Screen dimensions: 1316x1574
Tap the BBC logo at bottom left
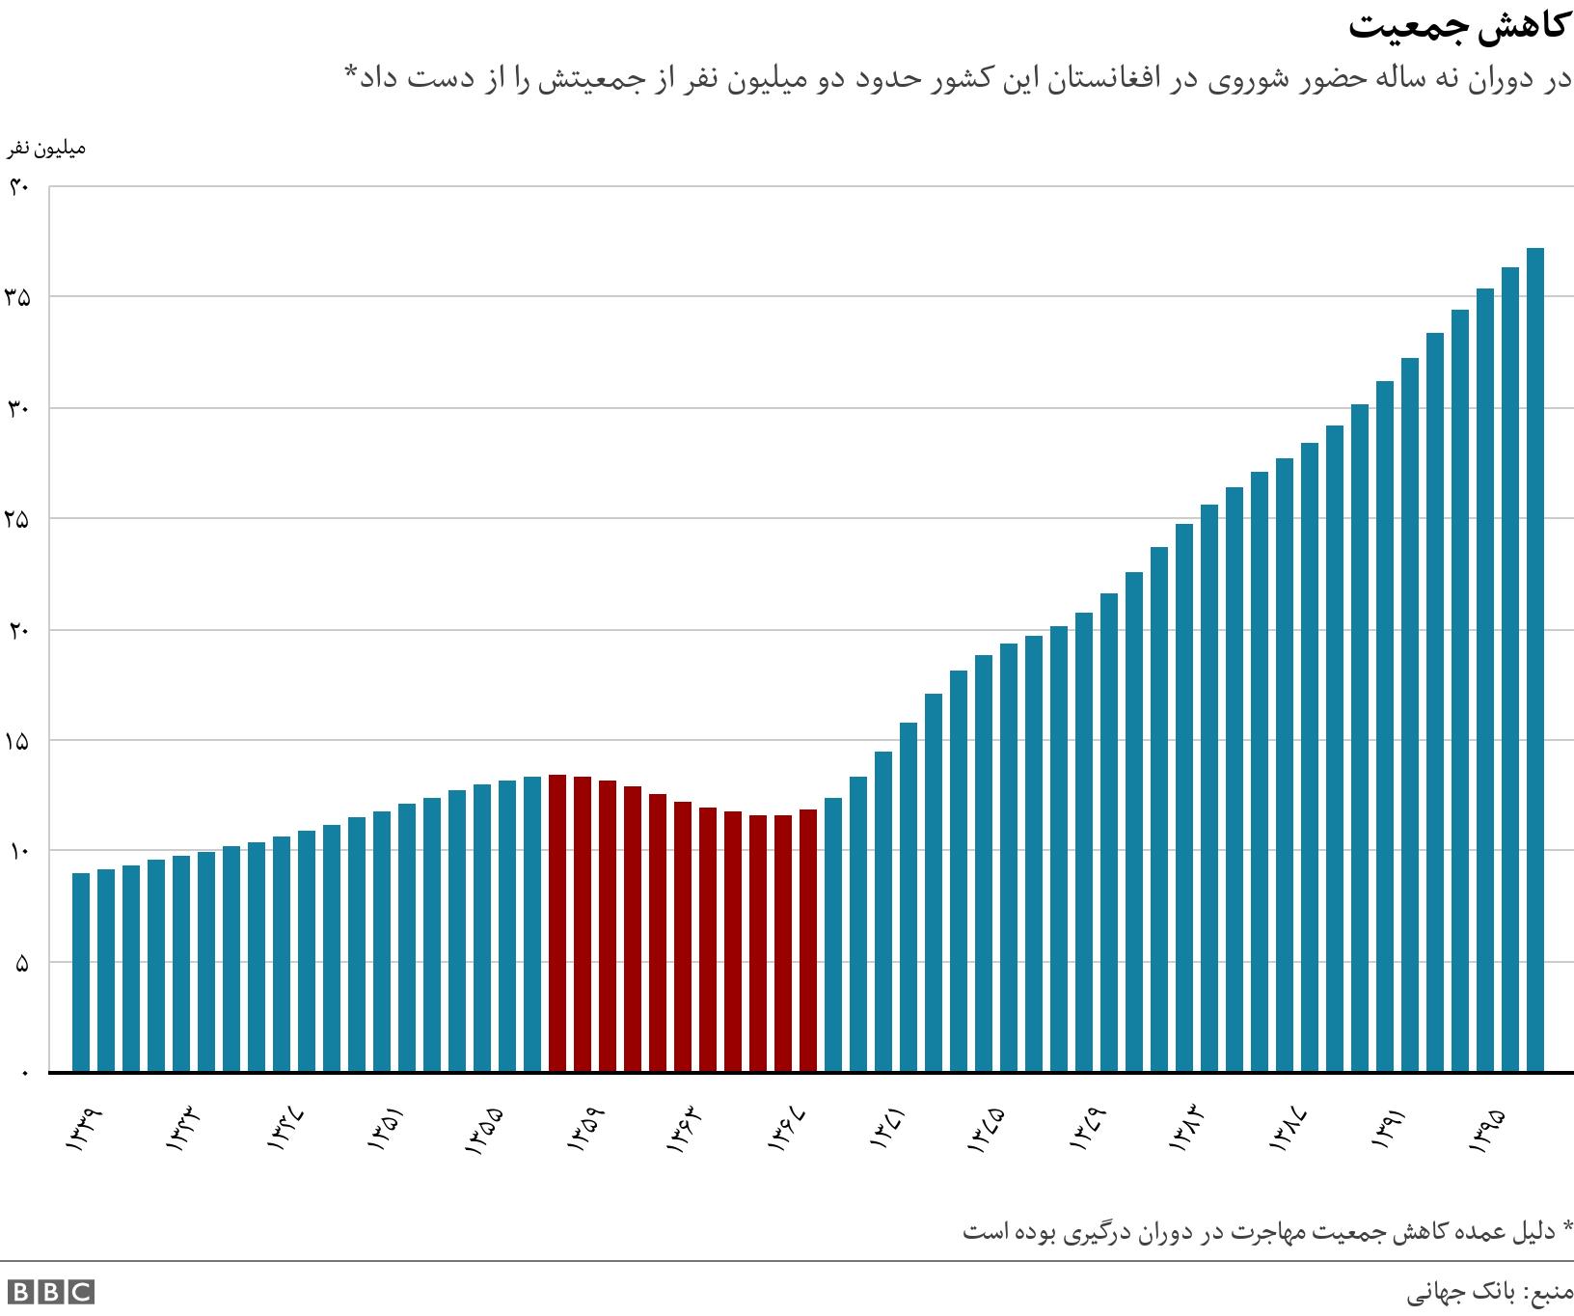pos(49,1292)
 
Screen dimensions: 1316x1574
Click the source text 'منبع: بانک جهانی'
pos(1489,1291)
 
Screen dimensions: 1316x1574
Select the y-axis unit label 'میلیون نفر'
pos(47,149)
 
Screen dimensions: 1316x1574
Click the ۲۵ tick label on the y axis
pos(18,519)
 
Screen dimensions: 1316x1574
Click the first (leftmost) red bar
pos(557,922)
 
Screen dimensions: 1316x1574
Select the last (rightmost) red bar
pos(808,940)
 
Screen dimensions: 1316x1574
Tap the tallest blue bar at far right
pos(1535,660)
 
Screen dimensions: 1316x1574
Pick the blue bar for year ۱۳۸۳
pos(1184,797)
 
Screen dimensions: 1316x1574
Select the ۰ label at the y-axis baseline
pos(26,1072)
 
